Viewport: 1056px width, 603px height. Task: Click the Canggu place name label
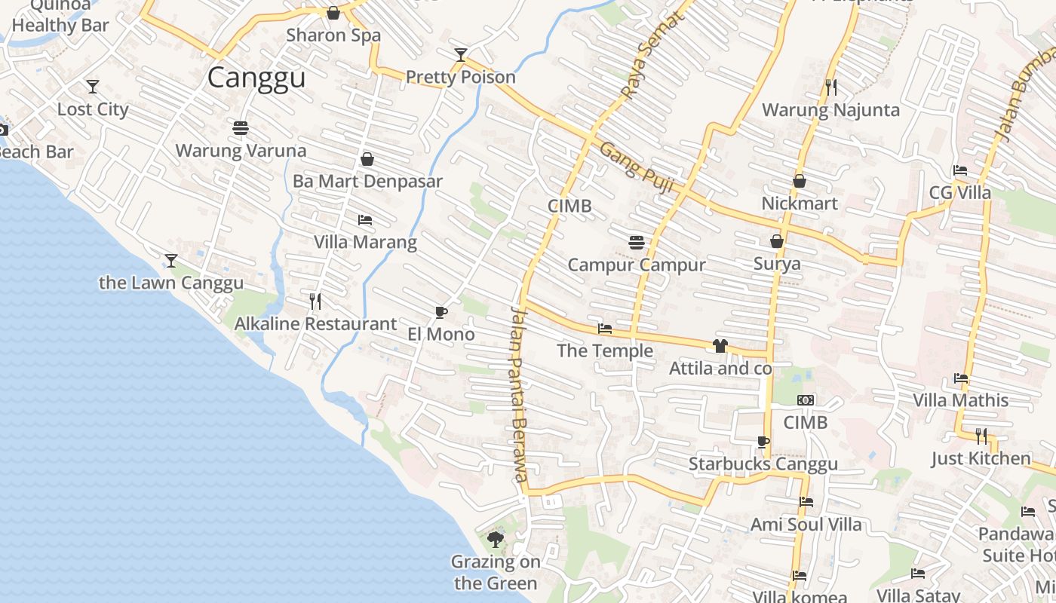(x=256, y=78)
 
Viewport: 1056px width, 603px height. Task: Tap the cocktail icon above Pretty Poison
(x=461, y=54)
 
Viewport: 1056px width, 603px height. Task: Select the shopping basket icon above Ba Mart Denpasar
(x=367, y=159)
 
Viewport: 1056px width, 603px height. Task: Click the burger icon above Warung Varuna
(x=241, y=128)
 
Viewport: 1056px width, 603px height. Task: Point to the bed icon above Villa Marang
(x=365, y=220)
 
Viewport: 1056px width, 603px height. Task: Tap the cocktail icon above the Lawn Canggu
(x=171, y=261)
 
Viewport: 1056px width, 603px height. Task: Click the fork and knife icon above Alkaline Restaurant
(x=315, y=301)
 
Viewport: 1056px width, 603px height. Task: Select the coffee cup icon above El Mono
(x=441, y=312)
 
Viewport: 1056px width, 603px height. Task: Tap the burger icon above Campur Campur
(x=637, y=243)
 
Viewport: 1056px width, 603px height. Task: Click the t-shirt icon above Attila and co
(x=720, y=346)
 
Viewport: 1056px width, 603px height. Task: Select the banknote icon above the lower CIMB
(x=806, y=400)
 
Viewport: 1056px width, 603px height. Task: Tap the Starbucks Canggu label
(x=763, y=464)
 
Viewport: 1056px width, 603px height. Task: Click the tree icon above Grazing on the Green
(x=496, y=539)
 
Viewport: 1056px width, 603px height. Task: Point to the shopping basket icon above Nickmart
(x=800, y=182)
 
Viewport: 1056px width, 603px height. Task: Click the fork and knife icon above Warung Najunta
(x=830, y=87)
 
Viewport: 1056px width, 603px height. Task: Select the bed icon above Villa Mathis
(x=960, y=378)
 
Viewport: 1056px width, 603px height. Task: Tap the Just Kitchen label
(x=981, y=458)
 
